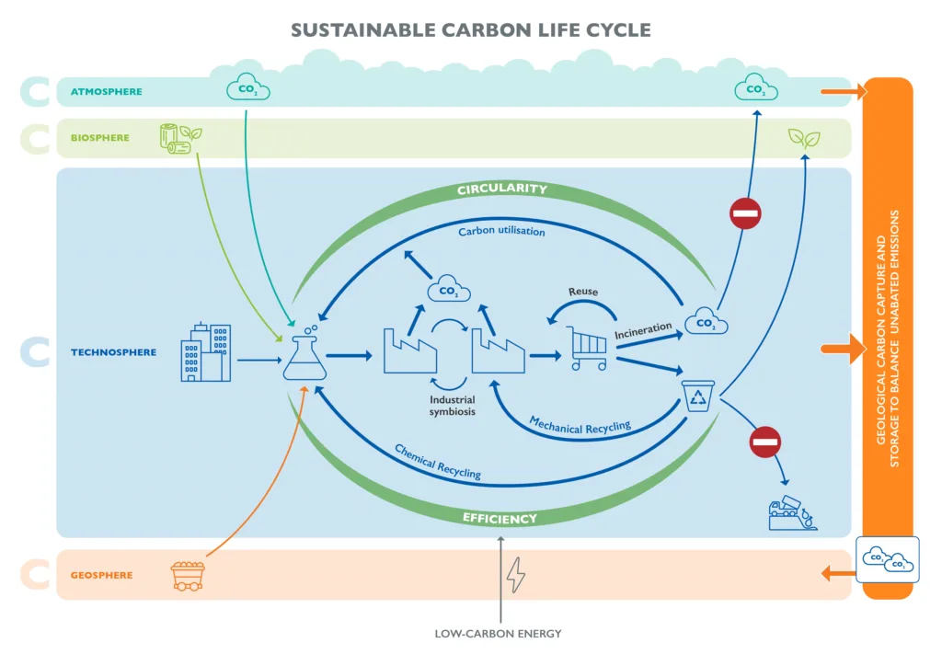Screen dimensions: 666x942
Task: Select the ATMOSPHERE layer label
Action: coord(107,92)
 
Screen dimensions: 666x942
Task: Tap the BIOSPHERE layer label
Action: coord(100,138)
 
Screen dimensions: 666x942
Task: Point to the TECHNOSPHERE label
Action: coord(113,352)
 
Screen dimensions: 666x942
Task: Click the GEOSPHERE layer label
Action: coord(101,576)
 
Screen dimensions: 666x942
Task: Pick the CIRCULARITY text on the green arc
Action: coord(501,189)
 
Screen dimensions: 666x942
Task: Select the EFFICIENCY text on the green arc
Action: coord(500,519)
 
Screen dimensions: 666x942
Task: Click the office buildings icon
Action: coord(205,352)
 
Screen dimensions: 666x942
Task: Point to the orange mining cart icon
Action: coord(188,575)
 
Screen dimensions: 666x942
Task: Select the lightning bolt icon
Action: coord(516,575)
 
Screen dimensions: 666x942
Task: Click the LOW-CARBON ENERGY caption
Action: coord(498,634)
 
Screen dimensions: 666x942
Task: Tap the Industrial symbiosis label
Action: coord(453,406)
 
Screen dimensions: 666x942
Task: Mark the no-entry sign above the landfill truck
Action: coord(764,442)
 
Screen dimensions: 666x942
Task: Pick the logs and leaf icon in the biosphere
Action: coord(180,138)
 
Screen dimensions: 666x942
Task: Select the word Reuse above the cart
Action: coord(582,292)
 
